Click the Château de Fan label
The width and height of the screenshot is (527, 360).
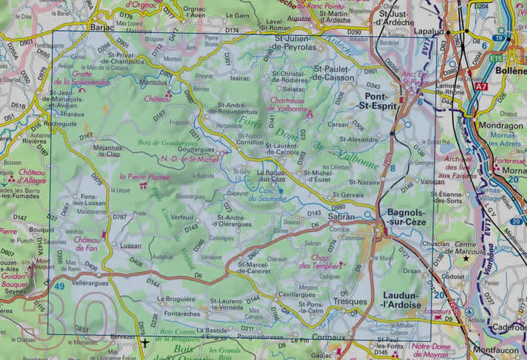click(86, 244)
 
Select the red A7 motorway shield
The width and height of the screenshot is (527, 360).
click(480, 87)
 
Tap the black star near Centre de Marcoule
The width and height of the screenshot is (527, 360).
click(466, 258)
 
